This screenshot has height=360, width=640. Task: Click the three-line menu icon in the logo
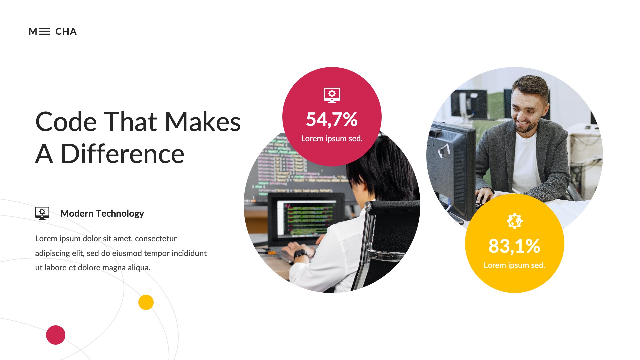pos(44,31)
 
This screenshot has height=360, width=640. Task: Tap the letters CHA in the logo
pos(66,31)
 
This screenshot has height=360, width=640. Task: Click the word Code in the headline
pos(66,122)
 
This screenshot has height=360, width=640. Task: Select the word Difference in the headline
pos(122,154)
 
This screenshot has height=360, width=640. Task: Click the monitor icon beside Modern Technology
pos(42,213)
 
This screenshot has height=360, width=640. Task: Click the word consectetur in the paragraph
pos(156,239)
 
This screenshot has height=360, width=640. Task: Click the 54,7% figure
pos(332,119)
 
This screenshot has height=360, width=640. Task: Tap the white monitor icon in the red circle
pos(332,95)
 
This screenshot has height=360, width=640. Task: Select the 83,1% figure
pos(514,246)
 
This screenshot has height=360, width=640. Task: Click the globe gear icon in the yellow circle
pos(514,221)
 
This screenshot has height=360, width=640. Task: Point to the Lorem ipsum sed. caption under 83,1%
pos(514,265)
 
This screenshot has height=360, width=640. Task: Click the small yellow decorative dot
pos(146,302)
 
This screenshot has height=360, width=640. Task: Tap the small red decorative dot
pos(56,335)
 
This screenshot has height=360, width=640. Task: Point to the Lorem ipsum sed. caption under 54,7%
pos(332,139)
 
